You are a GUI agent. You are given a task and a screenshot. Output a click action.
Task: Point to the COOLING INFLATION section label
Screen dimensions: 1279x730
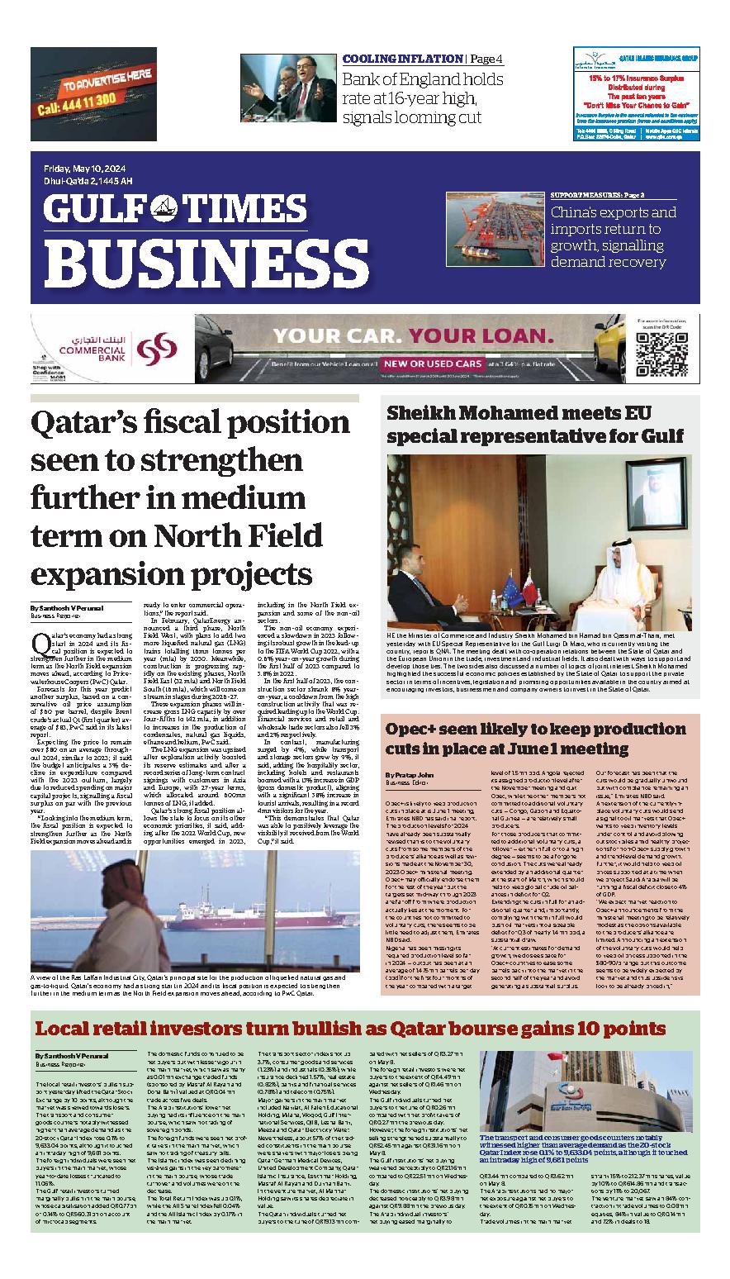[x=402, y=59]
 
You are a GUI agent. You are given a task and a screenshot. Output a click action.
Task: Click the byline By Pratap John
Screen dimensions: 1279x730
[x=410, y=774]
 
